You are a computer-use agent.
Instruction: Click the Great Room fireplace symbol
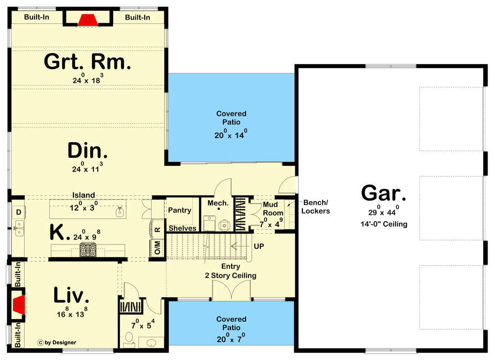click(x=88, y=20)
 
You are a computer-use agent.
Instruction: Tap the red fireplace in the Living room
click(x=19, y=305)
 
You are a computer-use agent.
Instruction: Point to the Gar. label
click(x=383, y=193)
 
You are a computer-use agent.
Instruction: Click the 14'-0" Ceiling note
click(x=384, y=224)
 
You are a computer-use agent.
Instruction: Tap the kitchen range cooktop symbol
click(x=88, y=250)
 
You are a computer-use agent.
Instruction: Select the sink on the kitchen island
click(x=120, y=212)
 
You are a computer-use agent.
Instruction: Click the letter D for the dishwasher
click(x=19, y=212)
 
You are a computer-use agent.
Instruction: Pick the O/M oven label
click(x=158, y=247)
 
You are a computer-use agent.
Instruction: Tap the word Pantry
click(x=180, y=210)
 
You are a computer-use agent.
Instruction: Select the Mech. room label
click(x=218, y=203)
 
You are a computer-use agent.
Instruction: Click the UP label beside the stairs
click(x=259, y=246)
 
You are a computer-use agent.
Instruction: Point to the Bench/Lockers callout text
click(x=315, y=206)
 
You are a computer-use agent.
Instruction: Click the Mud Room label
click(x=273, y=208)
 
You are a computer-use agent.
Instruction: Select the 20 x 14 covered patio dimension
click(x=231, y=134)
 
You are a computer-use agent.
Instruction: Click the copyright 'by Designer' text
click(x=57, y=342)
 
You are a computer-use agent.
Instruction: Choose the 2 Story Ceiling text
click(x=231, y=276)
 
